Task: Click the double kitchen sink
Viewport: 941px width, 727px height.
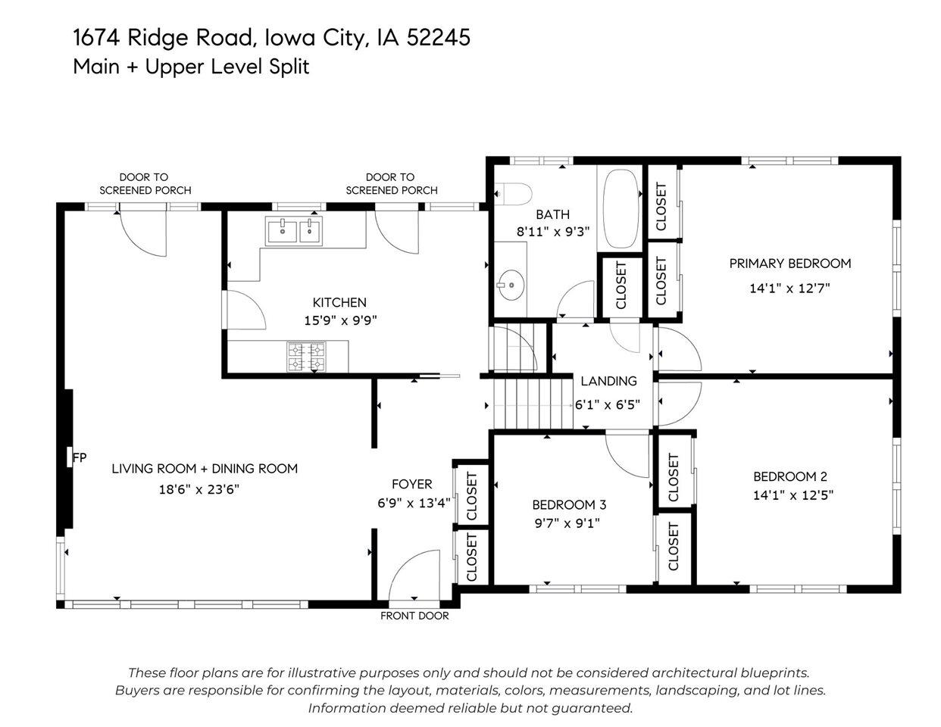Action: click(x=293, y=230)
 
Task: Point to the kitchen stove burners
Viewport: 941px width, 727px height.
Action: click(x=306, y=357)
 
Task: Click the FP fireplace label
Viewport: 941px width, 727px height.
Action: click(x=79, y=457)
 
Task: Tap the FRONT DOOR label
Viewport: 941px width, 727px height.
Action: click(x=414, y=616)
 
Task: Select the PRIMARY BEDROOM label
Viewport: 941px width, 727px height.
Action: click(x=789, y=264)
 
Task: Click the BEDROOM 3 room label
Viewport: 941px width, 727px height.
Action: click(x=569, y=504)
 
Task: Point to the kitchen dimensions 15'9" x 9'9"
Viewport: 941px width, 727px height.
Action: click(x=340, y=320)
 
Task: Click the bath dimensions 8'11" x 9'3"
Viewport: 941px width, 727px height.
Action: click(x=552, y=232)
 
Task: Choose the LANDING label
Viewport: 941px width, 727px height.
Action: click(x=608, y=381)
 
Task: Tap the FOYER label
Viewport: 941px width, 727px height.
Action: click(x=411, y=484)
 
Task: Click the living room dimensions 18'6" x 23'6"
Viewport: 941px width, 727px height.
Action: click(x=199, y=489)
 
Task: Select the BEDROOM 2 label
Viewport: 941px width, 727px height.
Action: click(x=789, y=476)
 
